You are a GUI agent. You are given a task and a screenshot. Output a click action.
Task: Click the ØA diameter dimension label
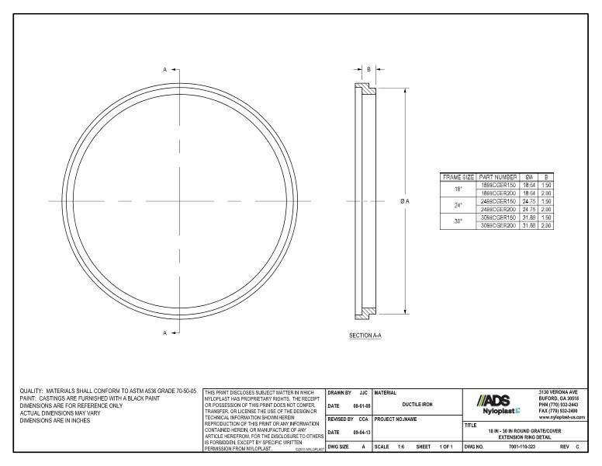[x=405, y=201]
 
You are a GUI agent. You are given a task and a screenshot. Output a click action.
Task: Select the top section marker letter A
[x=164, y=69]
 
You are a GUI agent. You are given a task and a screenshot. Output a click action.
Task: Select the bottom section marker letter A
[x=164, y=333]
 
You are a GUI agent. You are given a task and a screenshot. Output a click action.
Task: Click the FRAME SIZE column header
[x=458, y=177]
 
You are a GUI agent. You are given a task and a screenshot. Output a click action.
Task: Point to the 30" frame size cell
[x=458, y=221]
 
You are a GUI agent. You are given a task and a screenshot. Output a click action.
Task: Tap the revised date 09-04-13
[x=357, y=433]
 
